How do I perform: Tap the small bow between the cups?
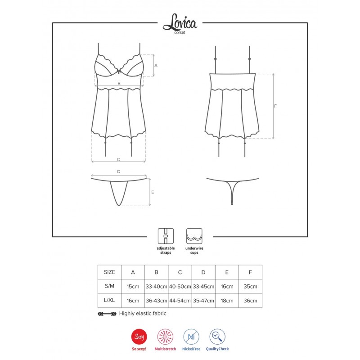click(x=119, y=72)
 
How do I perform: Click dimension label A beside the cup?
click(x=156, y=65)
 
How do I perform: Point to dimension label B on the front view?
click(x=119, y=83)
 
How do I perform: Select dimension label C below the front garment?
click(x=118, y=159)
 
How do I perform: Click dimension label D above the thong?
click(x=119, y=171)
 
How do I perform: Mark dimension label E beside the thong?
click(x=153, y=192)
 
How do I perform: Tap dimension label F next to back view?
click(x=275, y=106)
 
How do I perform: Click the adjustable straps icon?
click(x=166, y=236)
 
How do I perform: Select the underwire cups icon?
click(x=194, y=236)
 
